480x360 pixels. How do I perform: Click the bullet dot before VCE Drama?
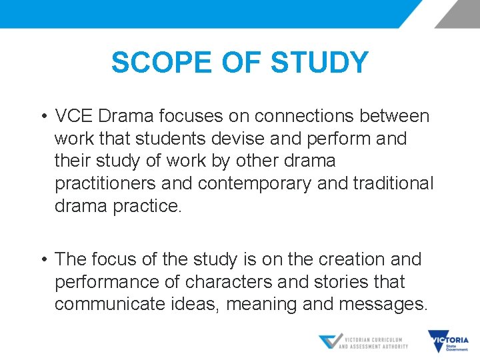(42, 117)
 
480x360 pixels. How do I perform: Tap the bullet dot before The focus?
(42, 259)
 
